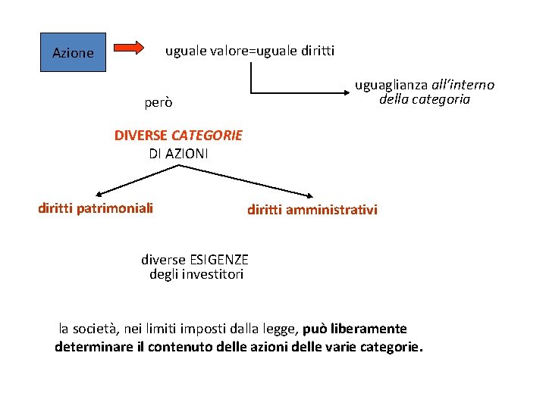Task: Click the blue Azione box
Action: point(73,52)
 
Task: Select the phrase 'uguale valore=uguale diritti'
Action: point(249,51)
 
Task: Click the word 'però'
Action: point(158,101)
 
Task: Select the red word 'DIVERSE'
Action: point(141,136)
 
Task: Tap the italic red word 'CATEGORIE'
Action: point(207,136)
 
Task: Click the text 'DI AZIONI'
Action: point(179,153)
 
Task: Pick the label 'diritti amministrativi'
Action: point(312,210)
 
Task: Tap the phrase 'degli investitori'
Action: point(196,274)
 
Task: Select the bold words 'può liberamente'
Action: point(355,329)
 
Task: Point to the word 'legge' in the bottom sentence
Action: point(278,329)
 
